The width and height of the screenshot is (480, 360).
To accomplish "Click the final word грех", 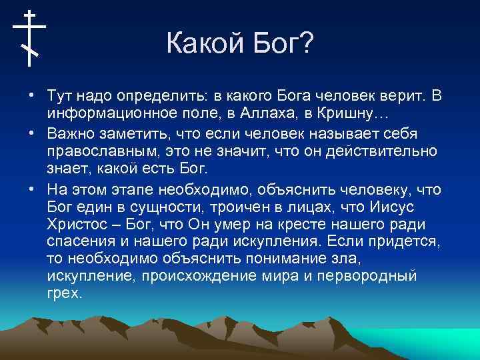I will coord(65,293).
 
